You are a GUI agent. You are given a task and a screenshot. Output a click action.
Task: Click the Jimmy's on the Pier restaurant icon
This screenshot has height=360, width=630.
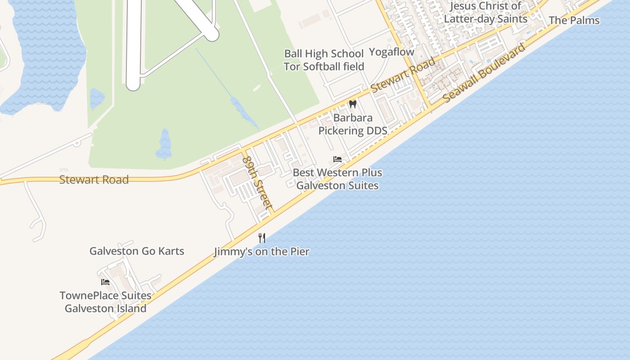(x=262, y=238)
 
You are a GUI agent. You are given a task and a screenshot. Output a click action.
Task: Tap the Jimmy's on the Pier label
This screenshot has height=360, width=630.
(x=261, y=252)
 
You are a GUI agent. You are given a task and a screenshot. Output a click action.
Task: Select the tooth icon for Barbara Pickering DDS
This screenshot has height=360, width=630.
(x=353, y=104)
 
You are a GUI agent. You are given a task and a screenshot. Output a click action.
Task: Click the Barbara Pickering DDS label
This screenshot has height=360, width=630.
(x=353, y=124)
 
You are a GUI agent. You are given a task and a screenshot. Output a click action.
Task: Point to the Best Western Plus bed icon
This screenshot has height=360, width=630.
(x=337, y=159)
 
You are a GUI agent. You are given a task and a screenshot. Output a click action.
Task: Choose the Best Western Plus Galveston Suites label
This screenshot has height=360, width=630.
(x=337, y=179)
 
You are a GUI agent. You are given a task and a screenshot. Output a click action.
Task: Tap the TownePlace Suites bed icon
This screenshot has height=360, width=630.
(x=105, y=282)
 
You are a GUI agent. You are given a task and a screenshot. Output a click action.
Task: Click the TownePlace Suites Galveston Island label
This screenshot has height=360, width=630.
(x=105, y=302)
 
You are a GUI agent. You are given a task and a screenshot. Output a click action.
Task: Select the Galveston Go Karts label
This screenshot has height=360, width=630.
(x=137, y=251)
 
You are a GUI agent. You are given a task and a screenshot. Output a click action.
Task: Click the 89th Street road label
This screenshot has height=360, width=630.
(x=257, y=183)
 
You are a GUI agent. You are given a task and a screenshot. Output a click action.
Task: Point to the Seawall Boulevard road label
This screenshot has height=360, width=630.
(x=484, y=73)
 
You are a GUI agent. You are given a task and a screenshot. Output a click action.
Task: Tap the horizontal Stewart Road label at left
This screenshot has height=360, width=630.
(x=94, y=180)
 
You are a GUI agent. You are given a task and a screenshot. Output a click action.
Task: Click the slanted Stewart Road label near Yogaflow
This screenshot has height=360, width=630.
(x=403, y=75)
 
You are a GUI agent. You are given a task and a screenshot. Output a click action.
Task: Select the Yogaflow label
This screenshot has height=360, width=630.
(x=391, y=52)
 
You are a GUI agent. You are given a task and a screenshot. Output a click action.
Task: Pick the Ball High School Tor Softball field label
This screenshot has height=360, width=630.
(x=324, y=60)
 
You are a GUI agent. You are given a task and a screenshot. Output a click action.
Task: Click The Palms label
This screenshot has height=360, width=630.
(x=574, y=20)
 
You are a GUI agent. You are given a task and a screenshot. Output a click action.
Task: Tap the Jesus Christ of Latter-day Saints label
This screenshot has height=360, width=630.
(x=486, y=13)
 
